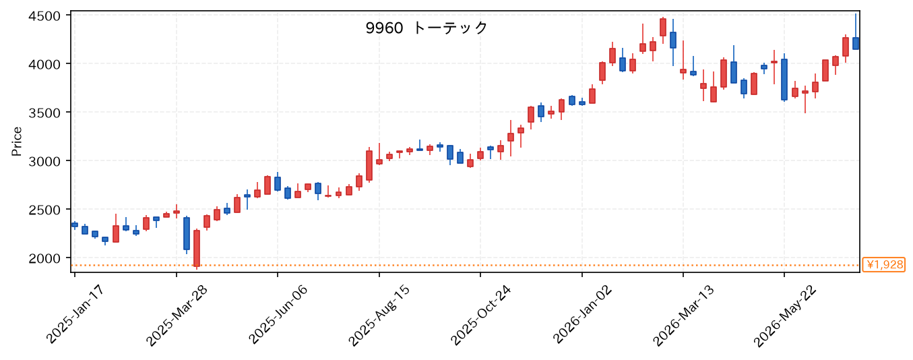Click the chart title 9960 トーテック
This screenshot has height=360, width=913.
click(x=427, y=28)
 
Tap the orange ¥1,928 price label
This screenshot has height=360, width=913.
click(x=883, y=265)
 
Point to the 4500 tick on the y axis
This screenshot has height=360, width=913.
click(x=44, y=16)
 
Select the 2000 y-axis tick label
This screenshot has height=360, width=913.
click(x=44, y=258)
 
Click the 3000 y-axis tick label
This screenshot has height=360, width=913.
click(x=44, y=161)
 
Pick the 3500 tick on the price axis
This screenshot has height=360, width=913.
click(x=44, y=113)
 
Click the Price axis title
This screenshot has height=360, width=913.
click(x=17, y=142)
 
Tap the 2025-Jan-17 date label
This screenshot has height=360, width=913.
click(x=75, y=314)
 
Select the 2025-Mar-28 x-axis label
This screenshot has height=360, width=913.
click(x=177, y=315)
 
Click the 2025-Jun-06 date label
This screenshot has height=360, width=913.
click(x=278, y=314)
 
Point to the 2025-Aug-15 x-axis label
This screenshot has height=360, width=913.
click(x=379, y=315)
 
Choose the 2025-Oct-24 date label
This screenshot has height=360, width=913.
click(x=480, y=315)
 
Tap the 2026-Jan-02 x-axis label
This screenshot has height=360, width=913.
click(x=582, y=315)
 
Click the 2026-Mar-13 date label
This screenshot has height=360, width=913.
click(x=683, y=315)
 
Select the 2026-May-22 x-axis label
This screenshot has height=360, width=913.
click(x=784, y=315)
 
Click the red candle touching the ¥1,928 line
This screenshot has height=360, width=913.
click(x=197, y=248)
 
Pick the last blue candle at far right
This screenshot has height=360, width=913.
click(x=856, y=43)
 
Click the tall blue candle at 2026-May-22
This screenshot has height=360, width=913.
click(x=784, y=80)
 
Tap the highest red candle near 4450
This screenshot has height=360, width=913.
click(x=663, y=27)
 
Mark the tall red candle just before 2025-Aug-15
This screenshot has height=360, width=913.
click(x=369, y=166)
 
